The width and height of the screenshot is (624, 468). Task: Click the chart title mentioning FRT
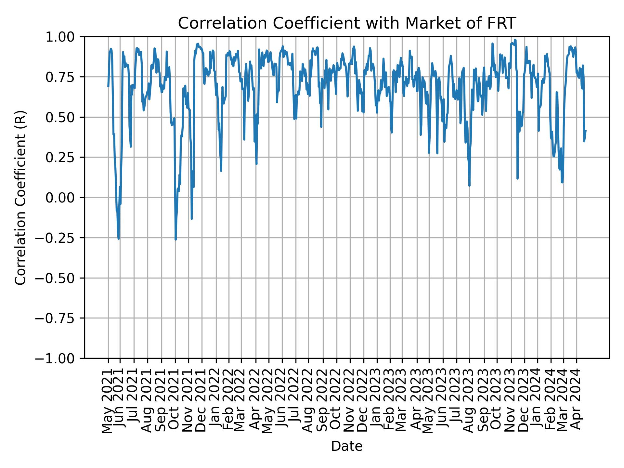347,23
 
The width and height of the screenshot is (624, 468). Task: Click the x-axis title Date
347,446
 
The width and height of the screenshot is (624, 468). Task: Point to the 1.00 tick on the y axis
64,37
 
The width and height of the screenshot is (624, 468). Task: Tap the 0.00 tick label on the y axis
64,198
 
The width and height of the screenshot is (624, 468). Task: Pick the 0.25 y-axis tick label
64,157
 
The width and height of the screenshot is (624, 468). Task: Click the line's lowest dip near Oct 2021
175,240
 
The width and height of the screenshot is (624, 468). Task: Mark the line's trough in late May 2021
119,239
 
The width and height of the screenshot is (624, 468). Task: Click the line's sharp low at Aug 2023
469,186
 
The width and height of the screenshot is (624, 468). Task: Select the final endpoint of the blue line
586,131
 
